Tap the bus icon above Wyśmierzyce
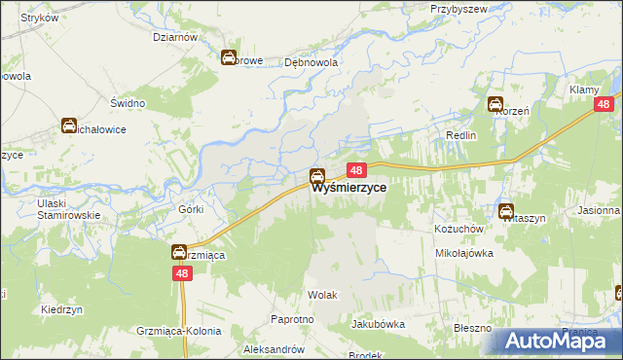[317, 177]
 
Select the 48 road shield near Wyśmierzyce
[355, 170]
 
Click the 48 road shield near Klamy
[604, 105]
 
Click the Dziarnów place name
[175, 37]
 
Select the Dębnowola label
[311, 61]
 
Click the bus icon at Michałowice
[69, 126]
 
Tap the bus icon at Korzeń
[495, 105]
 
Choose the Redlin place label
[460, 135]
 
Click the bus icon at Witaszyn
[506, 211]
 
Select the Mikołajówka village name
[464, 252]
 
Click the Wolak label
[321, 293]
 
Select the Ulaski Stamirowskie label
[69, 208]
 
